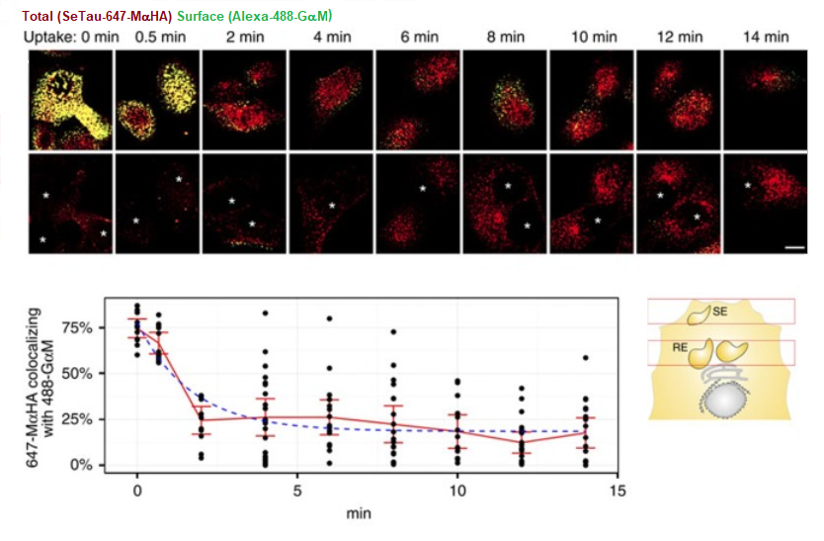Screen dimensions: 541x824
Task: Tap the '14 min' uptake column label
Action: point(766,37)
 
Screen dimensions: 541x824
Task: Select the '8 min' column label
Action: point(505,37)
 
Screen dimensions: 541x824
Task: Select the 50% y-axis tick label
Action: point(82,374)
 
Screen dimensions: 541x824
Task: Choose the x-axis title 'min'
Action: point(359,513)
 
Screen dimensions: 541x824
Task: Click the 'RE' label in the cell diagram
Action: point(681,348)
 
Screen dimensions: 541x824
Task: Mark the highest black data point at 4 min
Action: point(265,314)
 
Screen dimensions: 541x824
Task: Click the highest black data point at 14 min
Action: point(586,358)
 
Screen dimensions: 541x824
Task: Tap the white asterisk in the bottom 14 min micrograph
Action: point(748,185)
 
